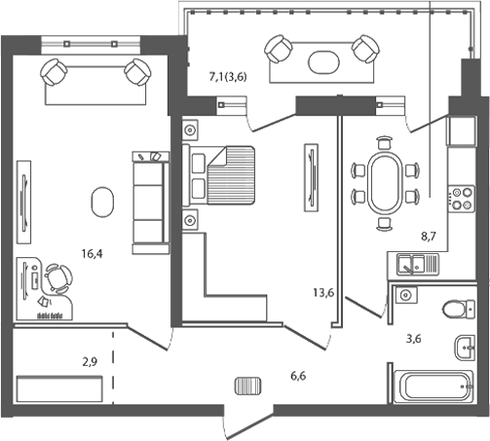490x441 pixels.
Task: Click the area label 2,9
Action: coord(89,361)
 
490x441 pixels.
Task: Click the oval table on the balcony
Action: coord(322,60)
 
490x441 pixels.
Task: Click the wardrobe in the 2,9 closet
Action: coord(57,388)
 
